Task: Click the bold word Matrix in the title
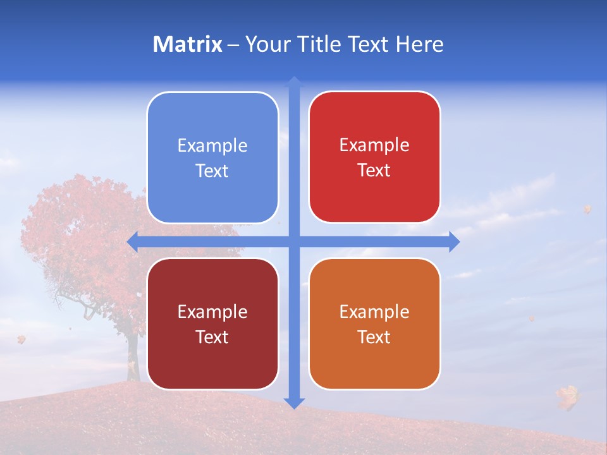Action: [187, 44]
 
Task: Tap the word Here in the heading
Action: [419, 44]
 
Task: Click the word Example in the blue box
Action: [212, 146]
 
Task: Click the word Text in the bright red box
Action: [374, 171]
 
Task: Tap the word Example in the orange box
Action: [374, 312]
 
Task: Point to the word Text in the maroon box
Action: [212, 337]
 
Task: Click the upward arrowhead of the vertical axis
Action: [294, 82]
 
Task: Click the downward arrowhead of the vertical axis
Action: [294, 403]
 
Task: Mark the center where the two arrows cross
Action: [294, 241]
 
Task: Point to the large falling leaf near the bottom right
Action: [567, 397]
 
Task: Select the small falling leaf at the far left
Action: [21, 339]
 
